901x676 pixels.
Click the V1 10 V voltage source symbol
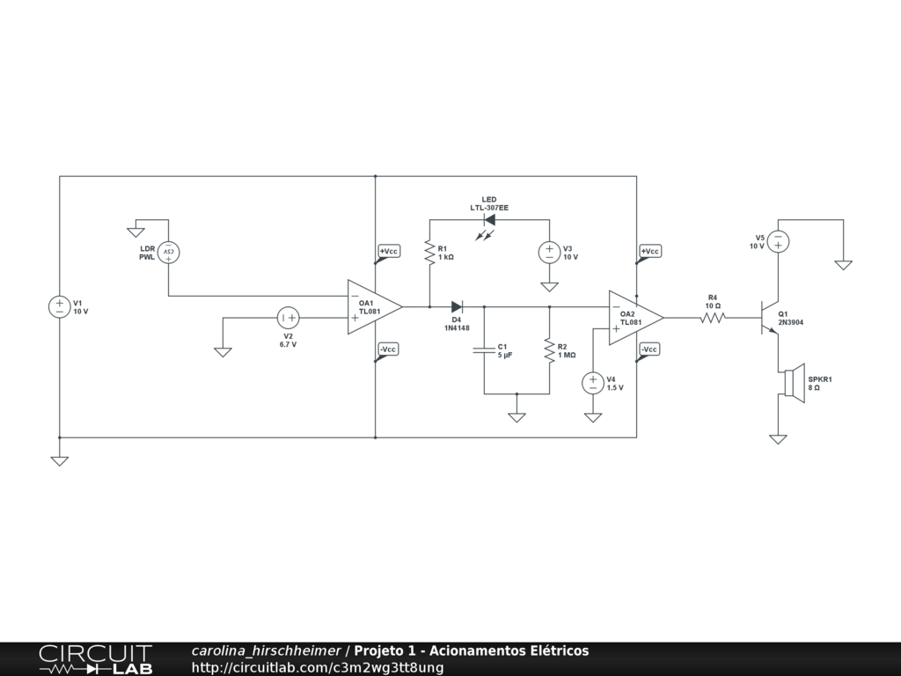coord(59,306)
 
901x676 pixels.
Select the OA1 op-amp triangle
coord(373,307)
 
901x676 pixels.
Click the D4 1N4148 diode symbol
coord(457,306)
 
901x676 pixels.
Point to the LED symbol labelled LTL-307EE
coord(489,220)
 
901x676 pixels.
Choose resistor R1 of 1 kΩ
coord(429,253)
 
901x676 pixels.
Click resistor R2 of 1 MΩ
coord(549,350)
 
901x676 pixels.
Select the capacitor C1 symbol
coord(484,350)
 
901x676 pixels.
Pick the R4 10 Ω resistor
coord(713,318)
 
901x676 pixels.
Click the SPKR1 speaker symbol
coord(793,383)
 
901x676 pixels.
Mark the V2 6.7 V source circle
coord(288,318)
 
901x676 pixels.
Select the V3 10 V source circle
coord(549,253)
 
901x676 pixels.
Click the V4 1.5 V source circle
coord(593,383)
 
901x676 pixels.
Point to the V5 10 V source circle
coord(778,241)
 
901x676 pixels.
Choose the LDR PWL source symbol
coord(168,253)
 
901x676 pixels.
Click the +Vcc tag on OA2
coord(650,252)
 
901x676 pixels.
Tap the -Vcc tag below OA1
coord(388,349)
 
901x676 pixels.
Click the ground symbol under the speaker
coord(778,438)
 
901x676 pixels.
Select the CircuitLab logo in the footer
coord(95,659)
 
